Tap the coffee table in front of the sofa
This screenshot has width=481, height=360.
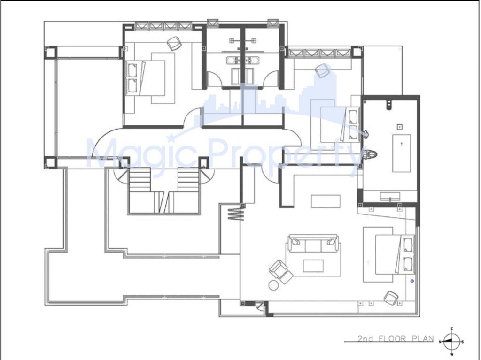point(313,266)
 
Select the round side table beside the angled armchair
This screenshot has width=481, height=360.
point(273,285)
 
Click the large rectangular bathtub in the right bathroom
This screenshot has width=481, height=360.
point(402,153)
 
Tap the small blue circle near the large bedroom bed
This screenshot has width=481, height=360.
point(412,281)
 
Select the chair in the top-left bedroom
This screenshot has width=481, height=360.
point(174,43)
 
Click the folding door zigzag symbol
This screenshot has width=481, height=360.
point(235,214)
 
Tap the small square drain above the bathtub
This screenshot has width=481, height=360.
point(399,127)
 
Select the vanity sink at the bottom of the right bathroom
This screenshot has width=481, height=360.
point(390,196)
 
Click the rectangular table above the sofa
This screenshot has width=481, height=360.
point(326,201)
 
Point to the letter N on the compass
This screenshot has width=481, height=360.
point(440,342)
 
